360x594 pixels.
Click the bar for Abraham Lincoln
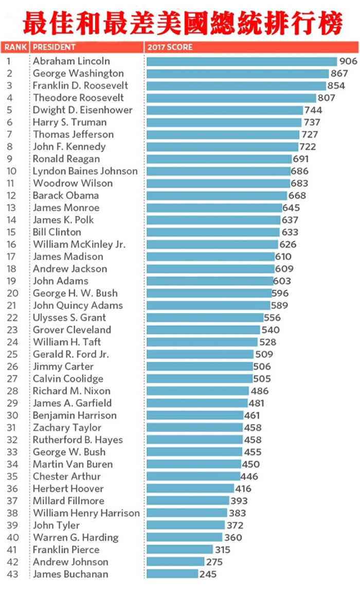tap(241, 61)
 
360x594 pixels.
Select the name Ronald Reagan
tap(66, 159)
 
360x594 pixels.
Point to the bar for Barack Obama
tap(217, 195)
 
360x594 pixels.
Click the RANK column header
tap(15, 47)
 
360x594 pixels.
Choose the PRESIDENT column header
tap(54, 47)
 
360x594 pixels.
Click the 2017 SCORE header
tap(170, 47)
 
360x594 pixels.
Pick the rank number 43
tap(12, 574)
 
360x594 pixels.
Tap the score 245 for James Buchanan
tap(208, 574)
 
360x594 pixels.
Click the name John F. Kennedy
tap(69, 147)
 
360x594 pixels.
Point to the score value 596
tap(280, 293)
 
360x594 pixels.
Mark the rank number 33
tap(12, 452)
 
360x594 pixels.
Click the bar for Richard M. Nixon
tap(198, 391)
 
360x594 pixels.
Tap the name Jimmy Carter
tap(63, 367)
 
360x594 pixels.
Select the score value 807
tap(327, 98)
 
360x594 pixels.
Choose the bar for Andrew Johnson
tap(176, 562)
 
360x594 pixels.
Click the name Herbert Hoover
tap(68, 489)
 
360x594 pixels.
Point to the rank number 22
tap(12, 318)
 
